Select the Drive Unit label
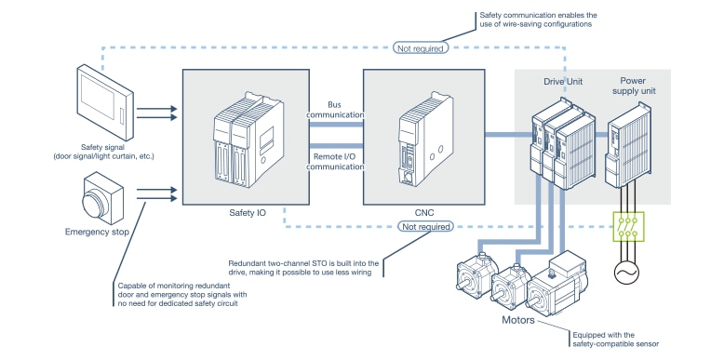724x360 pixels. click(x=564, y=82)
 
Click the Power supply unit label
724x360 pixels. click(x=635, y=87)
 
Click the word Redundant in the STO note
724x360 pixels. click(x=248, y=263)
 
